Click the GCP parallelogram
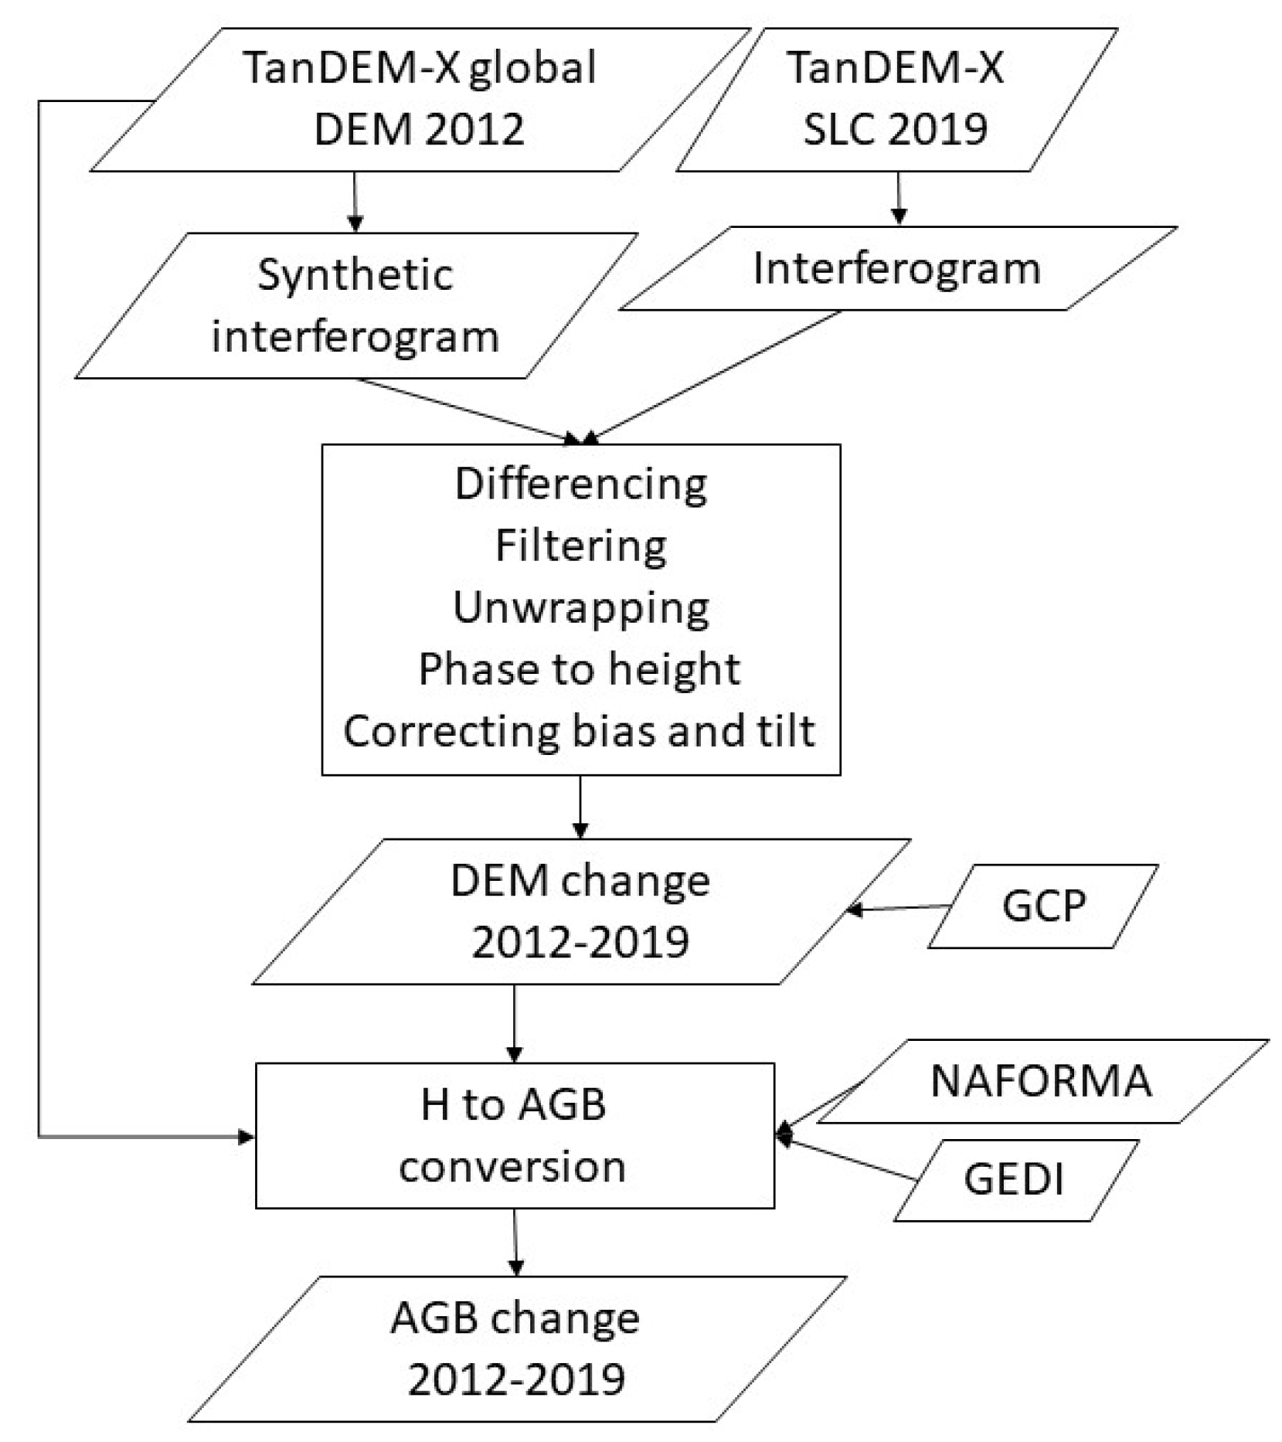1042,906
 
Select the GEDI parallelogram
1014,1179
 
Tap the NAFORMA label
1041,1080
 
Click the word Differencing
580,485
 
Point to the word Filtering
580,546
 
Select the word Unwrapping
580,607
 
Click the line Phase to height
579,668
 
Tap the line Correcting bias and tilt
579,731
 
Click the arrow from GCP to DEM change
900,908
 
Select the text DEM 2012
419,128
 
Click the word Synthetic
355,275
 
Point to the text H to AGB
513,1104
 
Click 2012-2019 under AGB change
516,1379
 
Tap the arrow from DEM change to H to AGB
515,1022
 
